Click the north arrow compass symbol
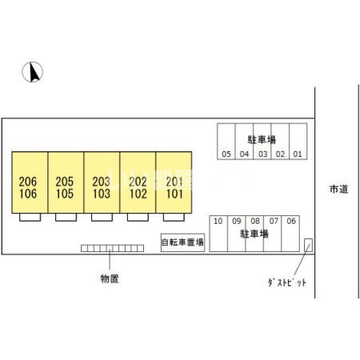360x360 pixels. (x=32, y=72)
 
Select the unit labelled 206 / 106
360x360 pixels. (x=30, y=182)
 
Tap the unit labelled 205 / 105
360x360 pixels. (x=66, y=182)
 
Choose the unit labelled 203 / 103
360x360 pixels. (x=102, y=182)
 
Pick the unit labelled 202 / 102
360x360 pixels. (x=138, y=182)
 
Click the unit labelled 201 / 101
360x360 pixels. (x=174, y=182)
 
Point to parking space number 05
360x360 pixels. (x=226, y=142)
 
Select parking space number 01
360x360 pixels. (x=298, y=142)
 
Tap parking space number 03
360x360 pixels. (x=262, y=142)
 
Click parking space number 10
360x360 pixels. (x=218, y=234)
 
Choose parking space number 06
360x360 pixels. (x=290, y=234)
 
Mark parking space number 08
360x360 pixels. (x=254, y=234)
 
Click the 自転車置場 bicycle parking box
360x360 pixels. (x=182, y=242)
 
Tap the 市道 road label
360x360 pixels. (x=339, y=189)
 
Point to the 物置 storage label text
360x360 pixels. (x=110, y=278)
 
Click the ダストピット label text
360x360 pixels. (x=287, y=282)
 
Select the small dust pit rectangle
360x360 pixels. (x=308, y=245)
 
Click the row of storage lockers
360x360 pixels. (x=113, y=248)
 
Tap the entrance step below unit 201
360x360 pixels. (x=174, y=217)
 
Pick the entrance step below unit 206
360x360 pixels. (x=30, y=217)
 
